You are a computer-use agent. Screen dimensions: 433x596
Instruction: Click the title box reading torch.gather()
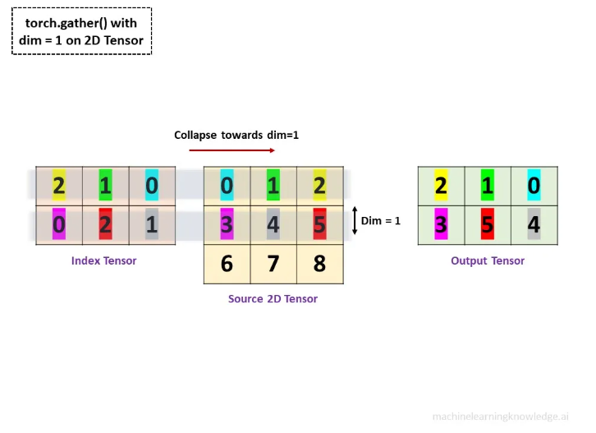point(81,31)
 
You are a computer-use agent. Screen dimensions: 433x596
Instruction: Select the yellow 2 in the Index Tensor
point(58,186)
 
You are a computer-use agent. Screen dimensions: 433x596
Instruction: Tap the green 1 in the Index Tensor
point(105,186)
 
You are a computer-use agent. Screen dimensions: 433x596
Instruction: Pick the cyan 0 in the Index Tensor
point(152,186)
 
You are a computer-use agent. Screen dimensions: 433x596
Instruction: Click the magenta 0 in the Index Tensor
point(58,224)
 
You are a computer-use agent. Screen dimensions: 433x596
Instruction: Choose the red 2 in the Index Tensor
point(105,224)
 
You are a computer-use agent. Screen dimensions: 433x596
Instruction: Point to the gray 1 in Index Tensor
point(152,224)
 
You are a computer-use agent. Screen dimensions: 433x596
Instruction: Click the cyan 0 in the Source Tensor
point(227,186)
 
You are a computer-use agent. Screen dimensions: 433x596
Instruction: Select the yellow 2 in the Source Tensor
point(319,186)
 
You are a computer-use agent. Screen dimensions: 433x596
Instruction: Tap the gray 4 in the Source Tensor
point(273,224)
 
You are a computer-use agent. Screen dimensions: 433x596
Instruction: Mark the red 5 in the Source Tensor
point(319,224)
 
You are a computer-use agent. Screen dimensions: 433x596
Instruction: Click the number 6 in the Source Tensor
point(227,265)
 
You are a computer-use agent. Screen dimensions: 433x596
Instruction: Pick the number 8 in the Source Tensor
point(319,265)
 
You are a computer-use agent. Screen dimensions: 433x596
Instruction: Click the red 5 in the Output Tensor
point(487,224)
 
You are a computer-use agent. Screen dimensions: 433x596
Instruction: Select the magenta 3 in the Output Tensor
point(441,224)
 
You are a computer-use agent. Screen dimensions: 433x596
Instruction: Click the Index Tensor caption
point(104,260)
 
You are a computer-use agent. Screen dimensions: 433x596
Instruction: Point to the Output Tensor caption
point(488,260)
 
